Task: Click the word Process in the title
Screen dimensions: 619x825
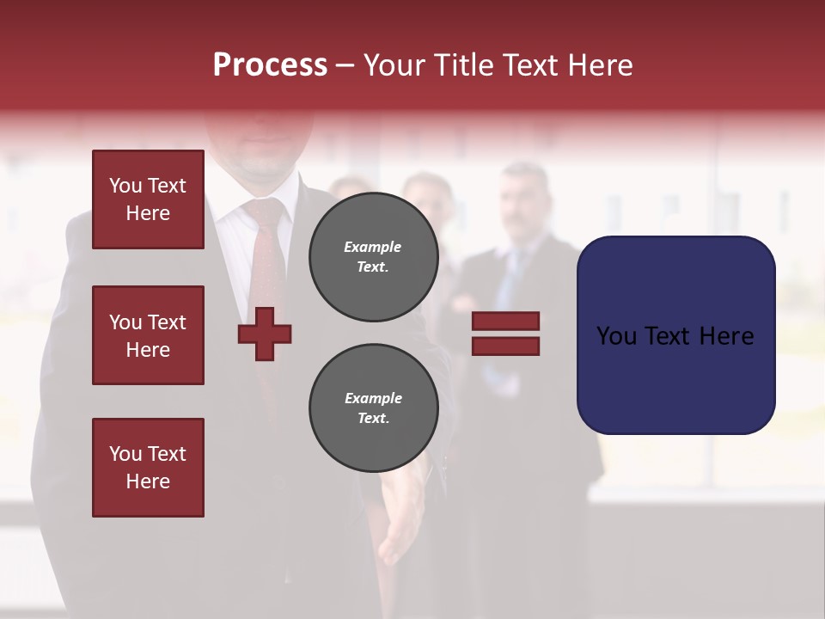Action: click(270, 65)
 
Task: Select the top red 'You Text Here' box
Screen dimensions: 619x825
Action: click(148, 199)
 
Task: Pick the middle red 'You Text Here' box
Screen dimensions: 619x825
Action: click(148, 335)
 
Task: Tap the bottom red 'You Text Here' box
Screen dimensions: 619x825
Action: click(148, 468)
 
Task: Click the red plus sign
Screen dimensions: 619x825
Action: click(265, 334)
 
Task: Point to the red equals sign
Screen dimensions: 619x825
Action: click(505, 334)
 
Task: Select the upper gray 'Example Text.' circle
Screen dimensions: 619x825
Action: click(374, 257)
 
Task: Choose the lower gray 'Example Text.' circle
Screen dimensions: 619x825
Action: click(374, 408)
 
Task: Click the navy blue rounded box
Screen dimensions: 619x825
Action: click(675, 335)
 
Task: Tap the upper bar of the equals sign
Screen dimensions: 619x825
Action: click(505, 322)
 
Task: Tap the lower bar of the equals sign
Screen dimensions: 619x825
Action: click(505, 346)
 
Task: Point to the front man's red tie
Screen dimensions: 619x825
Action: click(268, 258)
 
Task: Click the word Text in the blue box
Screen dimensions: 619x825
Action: click(675, 336)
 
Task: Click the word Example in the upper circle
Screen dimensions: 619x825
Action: click(372, 247)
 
